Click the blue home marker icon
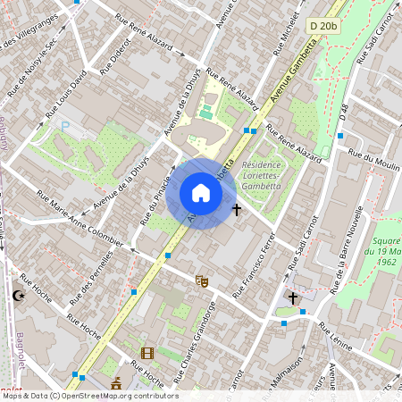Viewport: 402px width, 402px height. pos(201,193)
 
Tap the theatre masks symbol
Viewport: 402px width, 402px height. pos(202,281)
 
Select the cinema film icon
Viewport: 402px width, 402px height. pos(147,353)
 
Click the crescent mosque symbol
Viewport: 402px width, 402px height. pos(19,297)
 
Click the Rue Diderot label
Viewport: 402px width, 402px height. pos(113,57)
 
